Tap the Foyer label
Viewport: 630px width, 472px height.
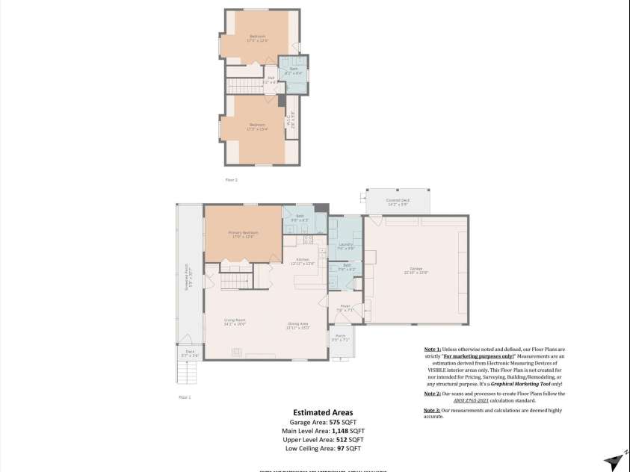[x=345, y=308]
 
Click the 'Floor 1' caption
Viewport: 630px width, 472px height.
[x=185, y=397]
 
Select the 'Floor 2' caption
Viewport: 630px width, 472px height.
[x=231, y=180]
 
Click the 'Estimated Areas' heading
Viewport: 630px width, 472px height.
[x=323, y=412]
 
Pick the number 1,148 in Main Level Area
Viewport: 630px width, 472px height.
[x=338, y=431]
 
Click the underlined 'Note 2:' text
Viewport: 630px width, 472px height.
[x=433, y=393]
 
